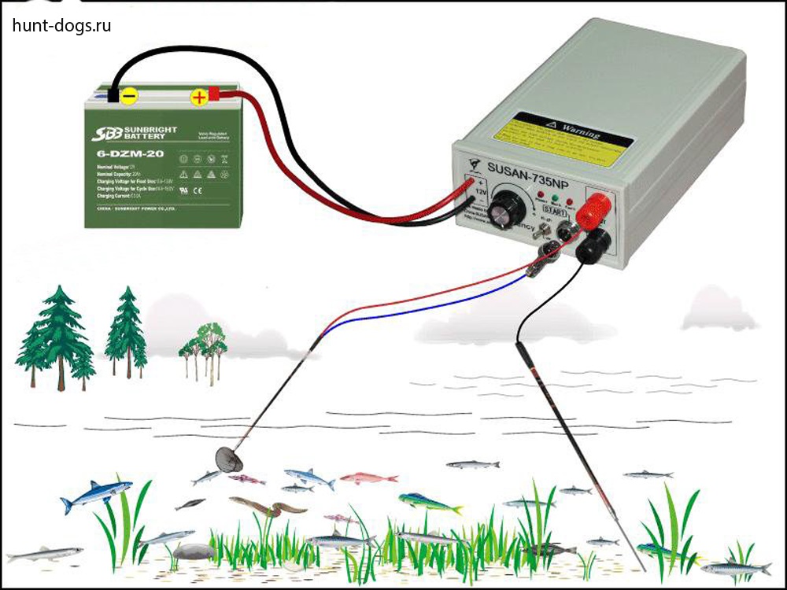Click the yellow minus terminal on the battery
(130, 96)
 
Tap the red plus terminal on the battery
(200, 97)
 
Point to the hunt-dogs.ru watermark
(61, 25)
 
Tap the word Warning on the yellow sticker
(578, 131)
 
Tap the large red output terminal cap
(595, 210)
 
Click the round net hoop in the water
(229, 458)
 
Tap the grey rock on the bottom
(194, 552)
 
